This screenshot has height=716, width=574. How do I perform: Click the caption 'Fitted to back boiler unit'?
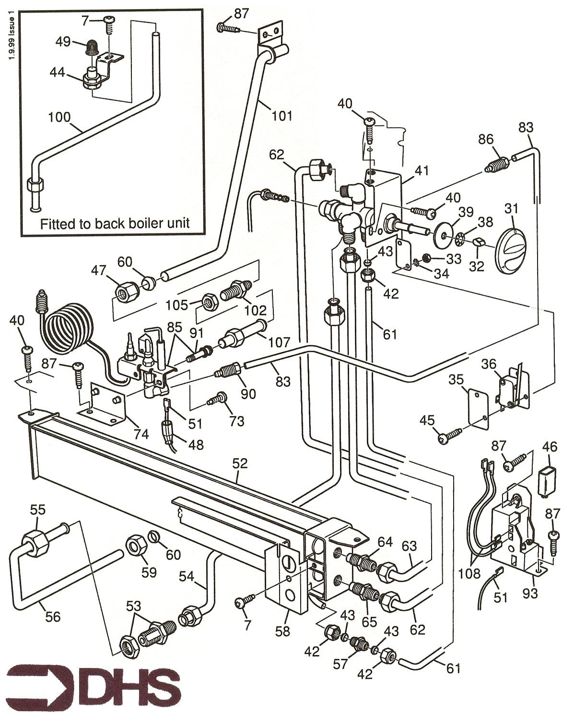[115, 223]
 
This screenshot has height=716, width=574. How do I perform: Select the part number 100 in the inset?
[59, 117]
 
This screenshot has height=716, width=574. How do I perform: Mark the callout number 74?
[141, 434]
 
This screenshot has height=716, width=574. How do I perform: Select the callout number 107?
[280, 342]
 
